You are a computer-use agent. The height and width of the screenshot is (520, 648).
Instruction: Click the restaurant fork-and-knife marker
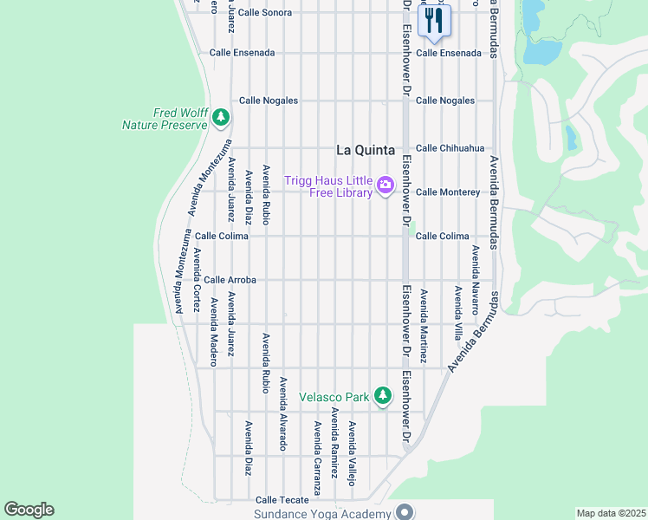[434, 20]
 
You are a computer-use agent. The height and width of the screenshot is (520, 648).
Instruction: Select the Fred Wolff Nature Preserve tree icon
[221, 116]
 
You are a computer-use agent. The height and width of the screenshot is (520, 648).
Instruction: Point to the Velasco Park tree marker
[382, 397]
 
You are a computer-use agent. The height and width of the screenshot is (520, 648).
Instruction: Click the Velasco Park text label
[334, 398]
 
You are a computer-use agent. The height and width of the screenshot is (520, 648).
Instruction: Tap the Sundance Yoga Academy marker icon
[403, 513]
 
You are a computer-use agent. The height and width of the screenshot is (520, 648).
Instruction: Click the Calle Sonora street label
[265, 13]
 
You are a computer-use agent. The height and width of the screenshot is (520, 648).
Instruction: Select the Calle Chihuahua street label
[450, 148]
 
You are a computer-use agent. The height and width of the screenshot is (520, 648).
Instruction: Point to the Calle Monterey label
[447, 192]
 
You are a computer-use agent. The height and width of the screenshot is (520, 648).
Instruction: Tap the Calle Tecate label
[282, 500]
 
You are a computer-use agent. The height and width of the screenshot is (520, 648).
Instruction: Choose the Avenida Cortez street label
[197, 279]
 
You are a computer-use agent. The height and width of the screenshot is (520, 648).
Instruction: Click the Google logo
[29, 510]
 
